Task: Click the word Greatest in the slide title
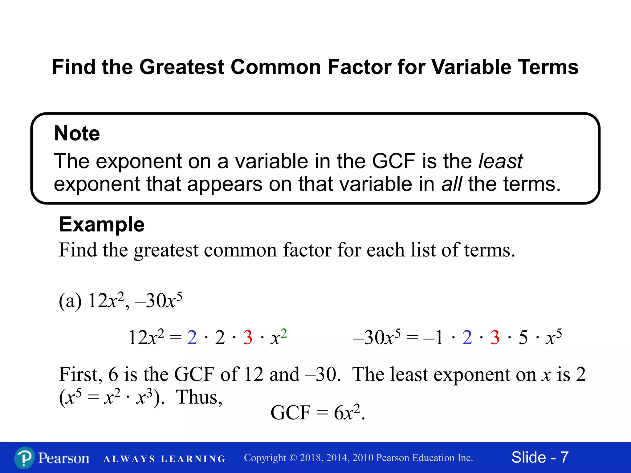point(182,67)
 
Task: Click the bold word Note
point(77,133)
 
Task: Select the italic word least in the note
point(501,161)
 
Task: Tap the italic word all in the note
point(451,184)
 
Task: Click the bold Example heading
point(102,224)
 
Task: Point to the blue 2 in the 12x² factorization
point(192,338)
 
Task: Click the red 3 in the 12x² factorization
point(248,338)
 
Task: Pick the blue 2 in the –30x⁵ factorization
point(467,338)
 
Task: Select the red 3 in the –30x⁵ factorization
point(495,338)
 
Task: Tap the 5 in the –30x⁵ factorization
point(523,338)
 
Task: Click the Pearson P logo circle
point(24,458)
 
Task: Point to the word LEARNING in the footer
point(193,459)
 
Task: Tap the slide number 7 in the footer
point(564,457)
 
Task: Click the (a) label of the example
point(70,301)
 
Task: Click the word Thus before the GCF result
point(199,397)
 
